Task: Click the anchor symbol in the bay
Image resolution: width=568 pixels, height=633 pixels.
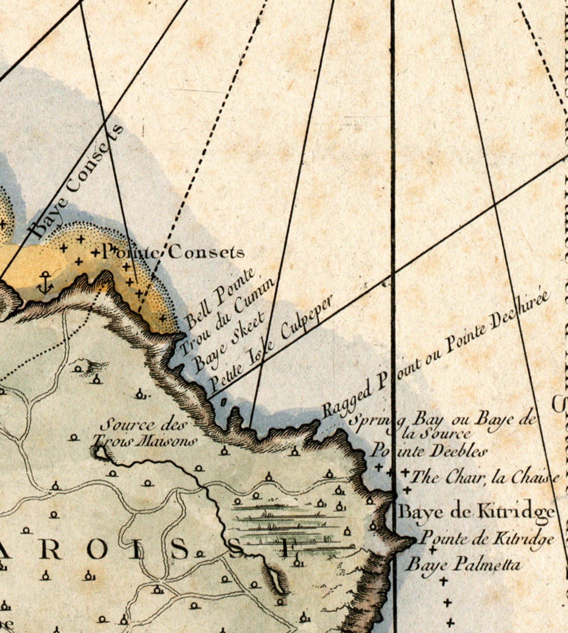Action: [x=45, y=282]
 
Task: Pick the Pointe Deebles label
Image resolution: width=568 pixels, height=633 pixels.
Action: [x=429, y=451]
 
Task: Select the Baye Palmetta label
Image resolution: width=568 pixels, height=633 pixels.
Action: [x=463, y=565]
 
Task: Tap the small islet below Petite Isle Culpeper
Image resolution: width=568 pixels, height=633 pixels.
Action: [x=224, y=402]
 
